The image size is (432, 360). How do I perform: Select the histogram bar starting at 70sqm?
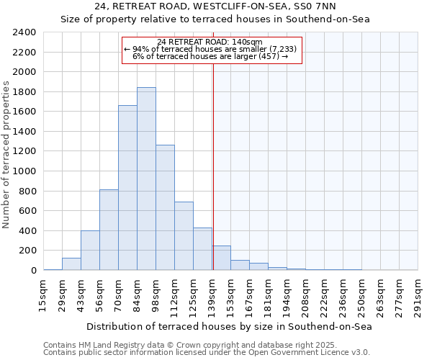(x=127, y=187)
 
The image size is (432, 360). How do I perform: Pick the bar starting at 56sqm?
(x=109, y=230)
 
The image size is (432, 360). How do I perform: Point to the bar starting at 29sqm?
(x=71, y=264)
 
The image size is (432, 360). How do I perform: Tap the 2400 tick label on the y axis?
(x=24, y=32)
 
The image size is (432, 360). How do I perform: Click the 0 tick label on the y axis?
(x=33, y=271)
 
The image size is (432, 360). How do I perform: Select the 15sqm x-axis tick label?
(x=43, y=295)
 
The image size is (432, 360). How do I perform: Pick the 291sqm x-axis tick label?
(x=418, y=295)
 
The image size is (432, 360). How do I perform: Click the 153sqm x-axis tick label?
(x=230, y=295)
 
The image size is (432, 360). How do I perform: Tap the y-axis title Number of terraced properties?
(x=6, y=155)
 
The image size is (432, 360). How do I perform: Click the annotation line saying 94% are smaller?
(x=211, y=49)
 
